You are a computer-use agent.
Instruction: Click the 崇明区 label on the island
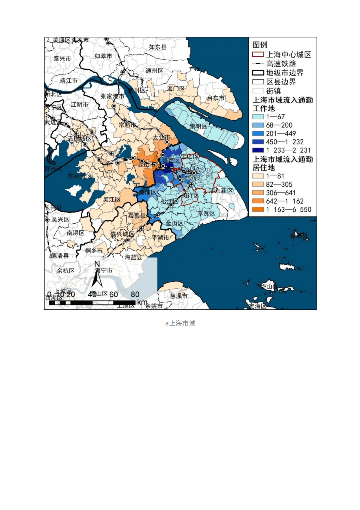(198, 126)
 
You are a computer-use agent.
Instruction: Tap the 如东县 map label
(157, 47)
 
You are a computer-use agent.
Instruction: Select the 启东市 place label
(216, 98)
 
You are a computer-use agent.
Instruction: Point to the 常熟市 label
(127, 125)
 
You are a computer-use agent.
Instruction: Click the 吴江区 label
(112, 199)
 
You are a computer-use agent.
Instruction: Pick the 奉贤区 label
(206, 213)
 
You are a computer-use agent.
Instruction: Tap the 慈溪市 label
(179, 296)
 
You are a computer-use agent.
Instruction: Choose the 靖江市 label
(69, 81)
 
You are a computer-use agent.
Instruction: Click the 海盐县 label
(133, 257)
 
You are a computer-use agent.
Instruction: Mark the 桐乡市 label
(94, 250)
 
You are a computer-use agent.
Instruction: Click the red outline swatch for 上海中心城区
(258, 55)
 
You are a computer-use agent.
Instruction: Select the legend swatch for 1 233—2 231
(258, 150)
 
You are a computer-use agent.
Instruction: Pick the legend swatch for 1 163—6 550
(258, 209)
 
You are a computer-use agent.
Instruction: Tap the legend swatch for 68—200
(258, 125)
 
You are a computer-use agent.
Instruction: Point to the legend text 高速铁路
(281, 64)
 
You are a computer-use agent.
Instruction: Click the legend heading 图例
(260, 45)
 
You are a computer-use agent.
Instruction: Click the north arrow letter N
(97, 264)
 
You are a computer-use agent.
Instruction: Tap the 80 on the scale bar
(135, 294)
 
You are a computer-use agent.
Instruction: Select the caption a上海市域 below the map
(180, 323)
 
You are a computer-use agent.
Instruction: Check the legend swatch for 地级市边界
(258, 73)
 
